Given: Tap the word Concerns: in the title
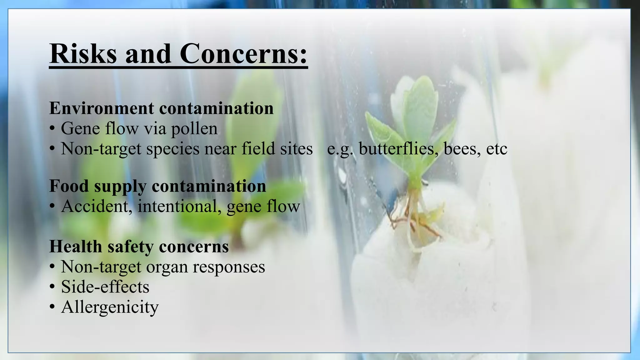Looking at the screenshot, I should coord(244,53).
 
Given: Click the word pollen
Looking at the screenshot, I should coord(194,129).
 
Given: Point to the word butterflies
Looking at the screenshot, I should coord(397,148).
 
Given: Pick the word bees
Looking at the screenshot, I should coord(462,148).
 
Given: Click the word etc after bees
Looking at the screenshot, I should coord(497,149).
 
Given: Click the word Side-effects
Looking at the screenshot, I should coord(105,287).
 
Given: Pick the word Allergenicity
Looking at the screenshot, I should coord(110,307).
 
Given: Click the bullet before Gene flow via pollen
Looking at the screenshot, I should coord(52,129).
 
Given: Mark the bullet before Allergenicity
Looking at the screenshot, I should coord(52,307).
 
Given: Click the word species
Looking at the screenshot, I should coord(173,149).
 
